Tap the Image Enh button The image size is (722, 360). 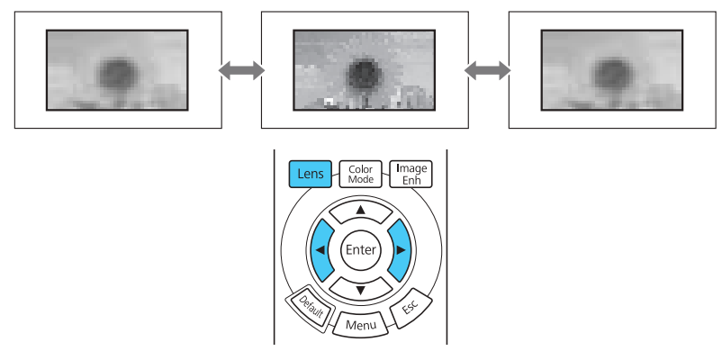[x=411, y=174]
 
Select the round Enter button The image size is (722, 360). [x=360, y=249]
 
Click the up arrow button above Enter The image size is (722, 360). [x=360, y=211]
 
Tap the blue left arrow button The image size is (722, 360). [x=320, y=249]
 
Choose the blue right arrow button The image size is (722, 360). [x=400, y=249]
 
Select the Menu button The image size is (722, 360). [x=360, y=320]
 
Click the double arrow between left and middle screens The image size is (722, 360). [x=241, y=69]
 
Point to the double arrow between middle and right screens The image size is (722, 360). [x=487, y=69]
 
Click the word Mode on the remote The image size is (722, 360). [x=360, y=179]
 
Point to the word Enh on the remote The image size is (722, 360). [x=411, y=179]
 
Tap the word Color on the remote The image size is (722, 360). [x=360, y=168]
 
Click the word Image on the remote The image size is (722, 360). [x=411, y=168]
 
